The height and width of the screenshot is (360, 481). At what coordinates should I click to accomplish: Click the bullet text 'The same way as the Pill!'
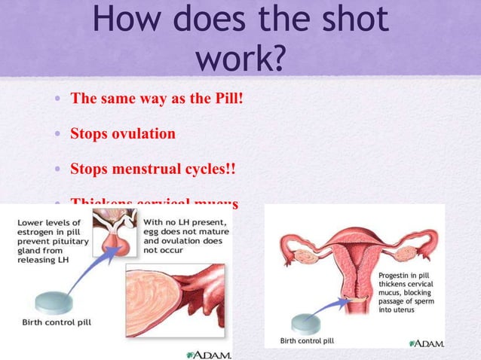pos(156,99)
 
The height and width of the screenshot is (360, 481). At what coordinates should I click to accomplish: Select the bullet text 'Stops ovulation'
pos(123,134)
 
